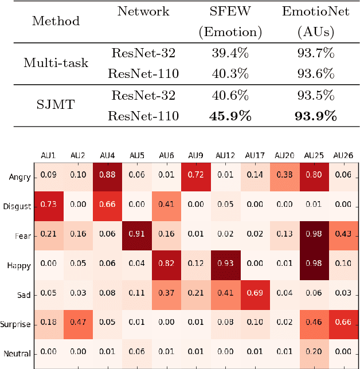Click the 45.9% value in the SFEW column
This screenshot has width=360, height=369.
tap(229, 116)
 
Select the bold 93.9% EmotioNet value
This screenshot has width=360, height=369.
tap(315, 116)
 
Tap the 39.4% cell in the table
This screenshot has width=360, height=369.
tap(229, 53)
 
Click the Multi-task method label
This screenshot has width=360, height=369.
tap(56, 63)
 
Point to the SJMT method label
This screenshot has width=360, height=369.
tap(56, 105)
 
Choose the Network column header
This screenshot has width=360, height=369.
tap(143, 11)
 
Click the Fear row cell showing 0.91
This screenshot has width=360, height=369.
tap(136, 233)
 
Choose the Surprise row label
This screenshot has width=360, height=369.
tap(16, 324)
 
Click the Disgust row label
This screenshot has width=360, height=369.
tap(17, 206)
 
